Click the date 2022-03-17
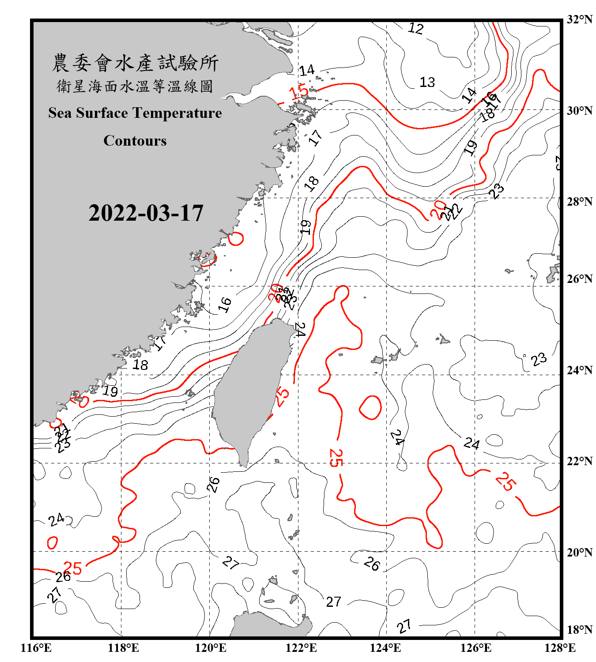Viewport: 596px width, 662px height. (x=146, y=213)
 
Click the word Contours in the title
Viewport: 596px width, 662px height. (x=135, y=141)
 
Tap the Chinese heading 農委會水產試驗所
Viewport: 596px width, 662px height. (x=135, y=63)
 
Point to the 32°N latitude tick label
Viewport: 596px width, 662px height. (x=579, y=19)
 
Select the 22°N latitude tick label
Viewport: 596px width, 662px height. (x=579, y=461)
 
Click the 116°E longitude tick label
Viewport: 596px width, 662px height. (x=36, y=648)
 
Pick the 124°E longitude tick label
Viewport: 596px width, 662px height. (x=385, y=648)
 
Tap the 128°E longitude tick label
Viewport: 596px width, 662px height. (x=560, y=648)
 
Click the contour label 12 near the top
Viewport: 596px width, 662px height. (x=415, y=29)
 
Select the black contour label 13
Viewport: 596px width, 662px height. (x=427, y=82)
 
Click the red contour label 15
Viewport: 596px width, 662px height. (x=299, y=93)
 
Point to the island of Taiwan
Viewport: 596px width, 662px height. (x=252, y=388)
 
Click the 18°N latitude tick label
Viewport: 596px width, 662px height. (x=579, y=630)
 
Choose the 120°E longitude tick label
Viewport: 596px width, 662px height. (x=211, y=648)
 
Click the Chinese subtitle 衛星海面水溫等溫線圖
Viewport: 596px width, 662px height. (x=135, y=87)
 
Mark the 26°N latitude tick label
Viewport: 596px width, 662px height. (x=579, y=279)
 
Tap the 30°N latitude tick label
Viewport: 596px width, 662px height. (x=579, y=110)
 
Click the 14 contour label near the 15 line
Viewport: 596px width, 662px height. (x=306, y=70)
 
